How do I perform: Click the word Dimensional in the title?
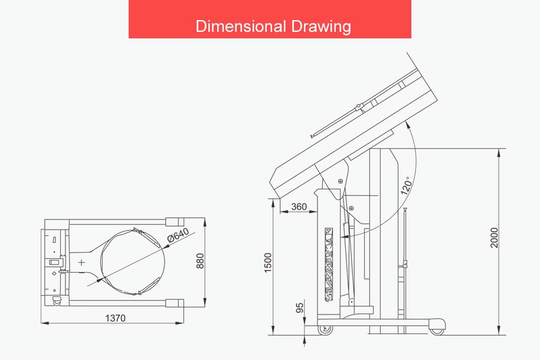pos(241,26)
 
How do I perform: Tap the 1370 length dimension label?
pos(115,318)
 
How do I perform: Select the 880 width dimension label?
pos(199,261)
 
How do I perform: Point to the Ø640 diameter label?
pos(178,235)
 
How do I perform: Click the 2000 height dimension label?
pos(494,238)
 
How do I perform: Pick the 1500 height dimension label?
pos(268,263)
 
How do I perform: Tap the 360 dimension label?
pos(299,207)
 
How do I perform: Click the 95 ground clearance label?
pos(300,307)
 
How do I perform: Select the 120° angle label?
pos(407,186)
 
